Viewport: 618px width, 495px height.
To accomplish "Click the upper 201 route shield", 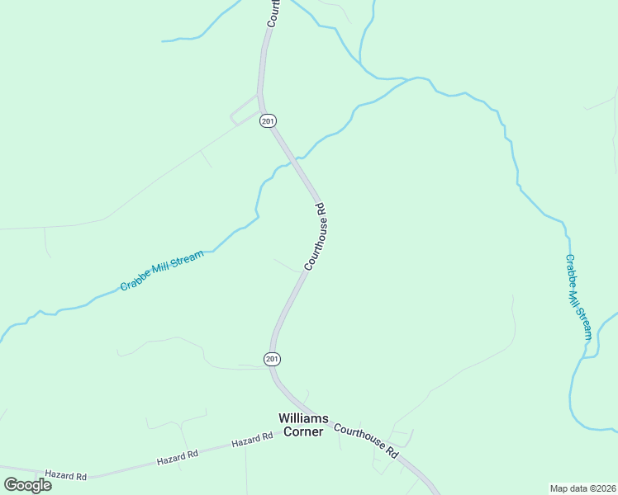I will click(x=267, y=121).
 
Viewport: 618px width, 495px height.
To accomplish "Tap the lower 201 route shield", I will click(x=273, y=359).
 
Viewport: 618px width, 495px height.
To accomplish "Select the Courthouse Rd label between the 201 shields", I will click(x=317, y=237).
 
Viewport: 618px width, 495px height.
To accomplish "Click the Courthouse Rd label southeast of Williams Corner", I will click(x=366, y=441).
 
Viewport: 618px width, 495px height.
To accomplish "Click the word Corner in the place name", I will click(x=302, y=431).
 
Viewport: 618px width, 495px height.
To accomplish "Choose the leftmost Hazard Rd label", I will click(x=66, y=475).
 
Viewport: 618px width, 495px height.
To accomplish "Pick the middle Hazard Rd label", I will click(x=180, y=454).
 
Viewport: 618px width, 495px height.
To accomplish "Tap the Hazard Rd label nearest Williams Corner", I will click(x=252, y=440).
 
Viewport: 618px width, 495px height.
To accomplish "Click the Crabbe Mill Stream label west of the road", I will click(x=162, y=271).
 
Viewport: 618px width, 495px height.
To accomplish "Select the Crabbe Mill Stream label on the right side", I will click(x=578, y=297).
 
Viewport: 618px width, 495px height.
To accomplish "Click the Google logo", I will click(x=28, y=485).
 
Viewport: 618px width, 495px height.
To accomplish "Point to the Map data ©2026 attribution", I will click(x=582, y=488).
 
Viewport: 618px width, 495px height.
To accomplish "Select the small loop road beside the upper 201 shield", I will click(x=245, y=110).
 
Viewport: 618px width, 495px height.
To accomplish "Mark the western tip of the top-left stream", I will click(x=163, y=40).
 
